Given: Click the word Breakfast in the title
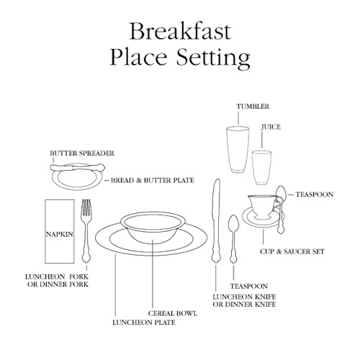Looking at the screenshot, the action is pyautogui.click(x=180, y=32).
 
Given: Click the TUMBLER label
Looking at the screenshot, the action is pyautogui.click(x=253, y=107).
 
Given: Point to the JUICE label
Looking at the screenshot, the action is pyautogui.click(x=271, y=127).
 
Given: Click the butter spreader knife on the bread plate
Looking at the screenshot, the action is pyautogui.click(x=78, y=167).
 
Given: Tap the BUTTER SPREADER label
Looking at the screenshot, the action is pyautogui.click(x=82, y=153).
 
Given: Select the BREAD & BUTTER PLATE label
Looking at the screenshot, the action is pyautogui.click(x=153, y=180).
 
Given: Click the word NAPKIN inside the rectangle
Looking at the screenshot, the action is pyautogui.click(x=60, y=234).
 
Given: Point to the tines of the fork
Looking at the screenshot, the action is pyautogui.click(x=86, y=207).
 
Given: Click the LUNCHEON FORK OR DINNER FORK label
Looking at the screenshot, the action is pyautogui.click(x=57, y=281).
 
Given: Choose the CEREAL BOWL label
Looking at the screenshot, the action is pyautogui.click(x=173, y=313).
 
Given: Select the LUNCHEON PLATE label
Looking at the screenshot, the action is pyautogui.click(x=144, y=323).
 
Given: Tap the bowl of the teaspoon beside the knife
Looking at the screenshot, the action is pyautogui.click(x=233, y=223).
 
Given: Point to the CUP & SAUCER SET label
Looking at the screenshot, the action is pyautogui.click(x=292, y=251).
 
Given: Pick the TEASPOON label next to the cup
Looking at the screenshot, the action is pyautogui.click(x=315, y=194).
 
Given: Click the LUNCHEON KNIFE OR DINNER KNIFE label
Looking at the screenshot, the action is pyautogui.click(x=244, y=300).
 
